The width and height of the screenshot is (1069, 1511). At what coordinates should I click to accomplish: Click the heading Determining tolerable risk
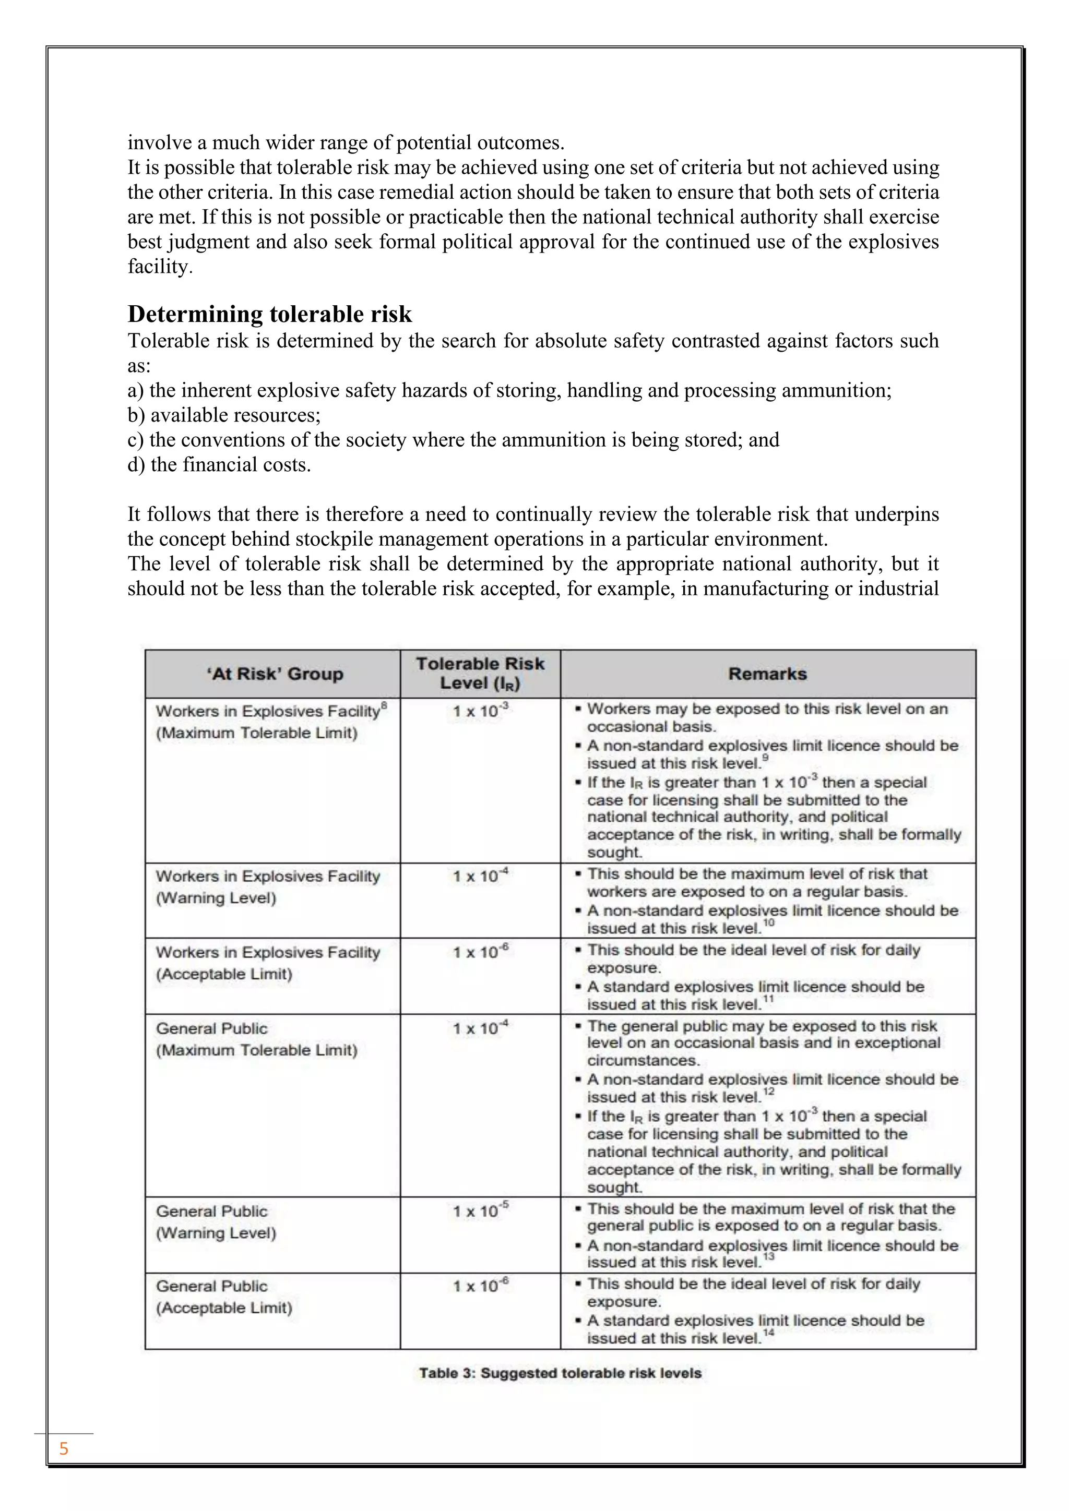269,314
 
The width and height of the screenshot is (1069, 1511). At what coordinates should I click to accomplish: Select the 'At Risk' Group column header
275,674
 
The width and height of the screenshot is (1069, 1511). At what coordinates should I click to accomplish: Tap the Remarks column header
767,674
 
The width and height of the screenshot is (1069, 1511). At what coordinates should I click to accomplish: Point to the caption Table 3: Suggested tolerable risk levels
560,1373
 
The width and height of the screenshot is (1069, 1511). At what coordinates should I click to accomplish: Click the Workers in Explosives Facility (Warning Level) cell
268,886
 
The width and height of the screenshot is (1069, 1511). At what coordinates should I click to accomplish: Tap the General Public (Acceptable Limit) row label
224,1297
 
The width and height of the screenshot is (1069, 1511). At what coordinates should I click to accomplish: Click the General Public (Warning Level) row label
216,1221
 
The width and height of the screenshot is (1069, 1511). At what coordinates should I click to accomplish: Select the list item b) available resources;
224,415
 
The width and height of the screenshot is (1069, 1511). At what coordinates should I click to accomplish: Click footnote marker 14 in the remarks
768,1333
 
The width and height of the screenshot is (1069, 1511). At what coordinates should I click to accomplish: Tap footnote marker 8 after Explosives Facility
384,705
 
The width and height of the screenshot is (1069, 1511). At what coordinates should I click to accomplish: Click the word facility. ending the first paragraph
160,267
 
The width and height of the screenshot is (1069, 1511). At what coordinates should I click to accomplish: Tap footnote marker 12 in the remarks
768,1092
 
